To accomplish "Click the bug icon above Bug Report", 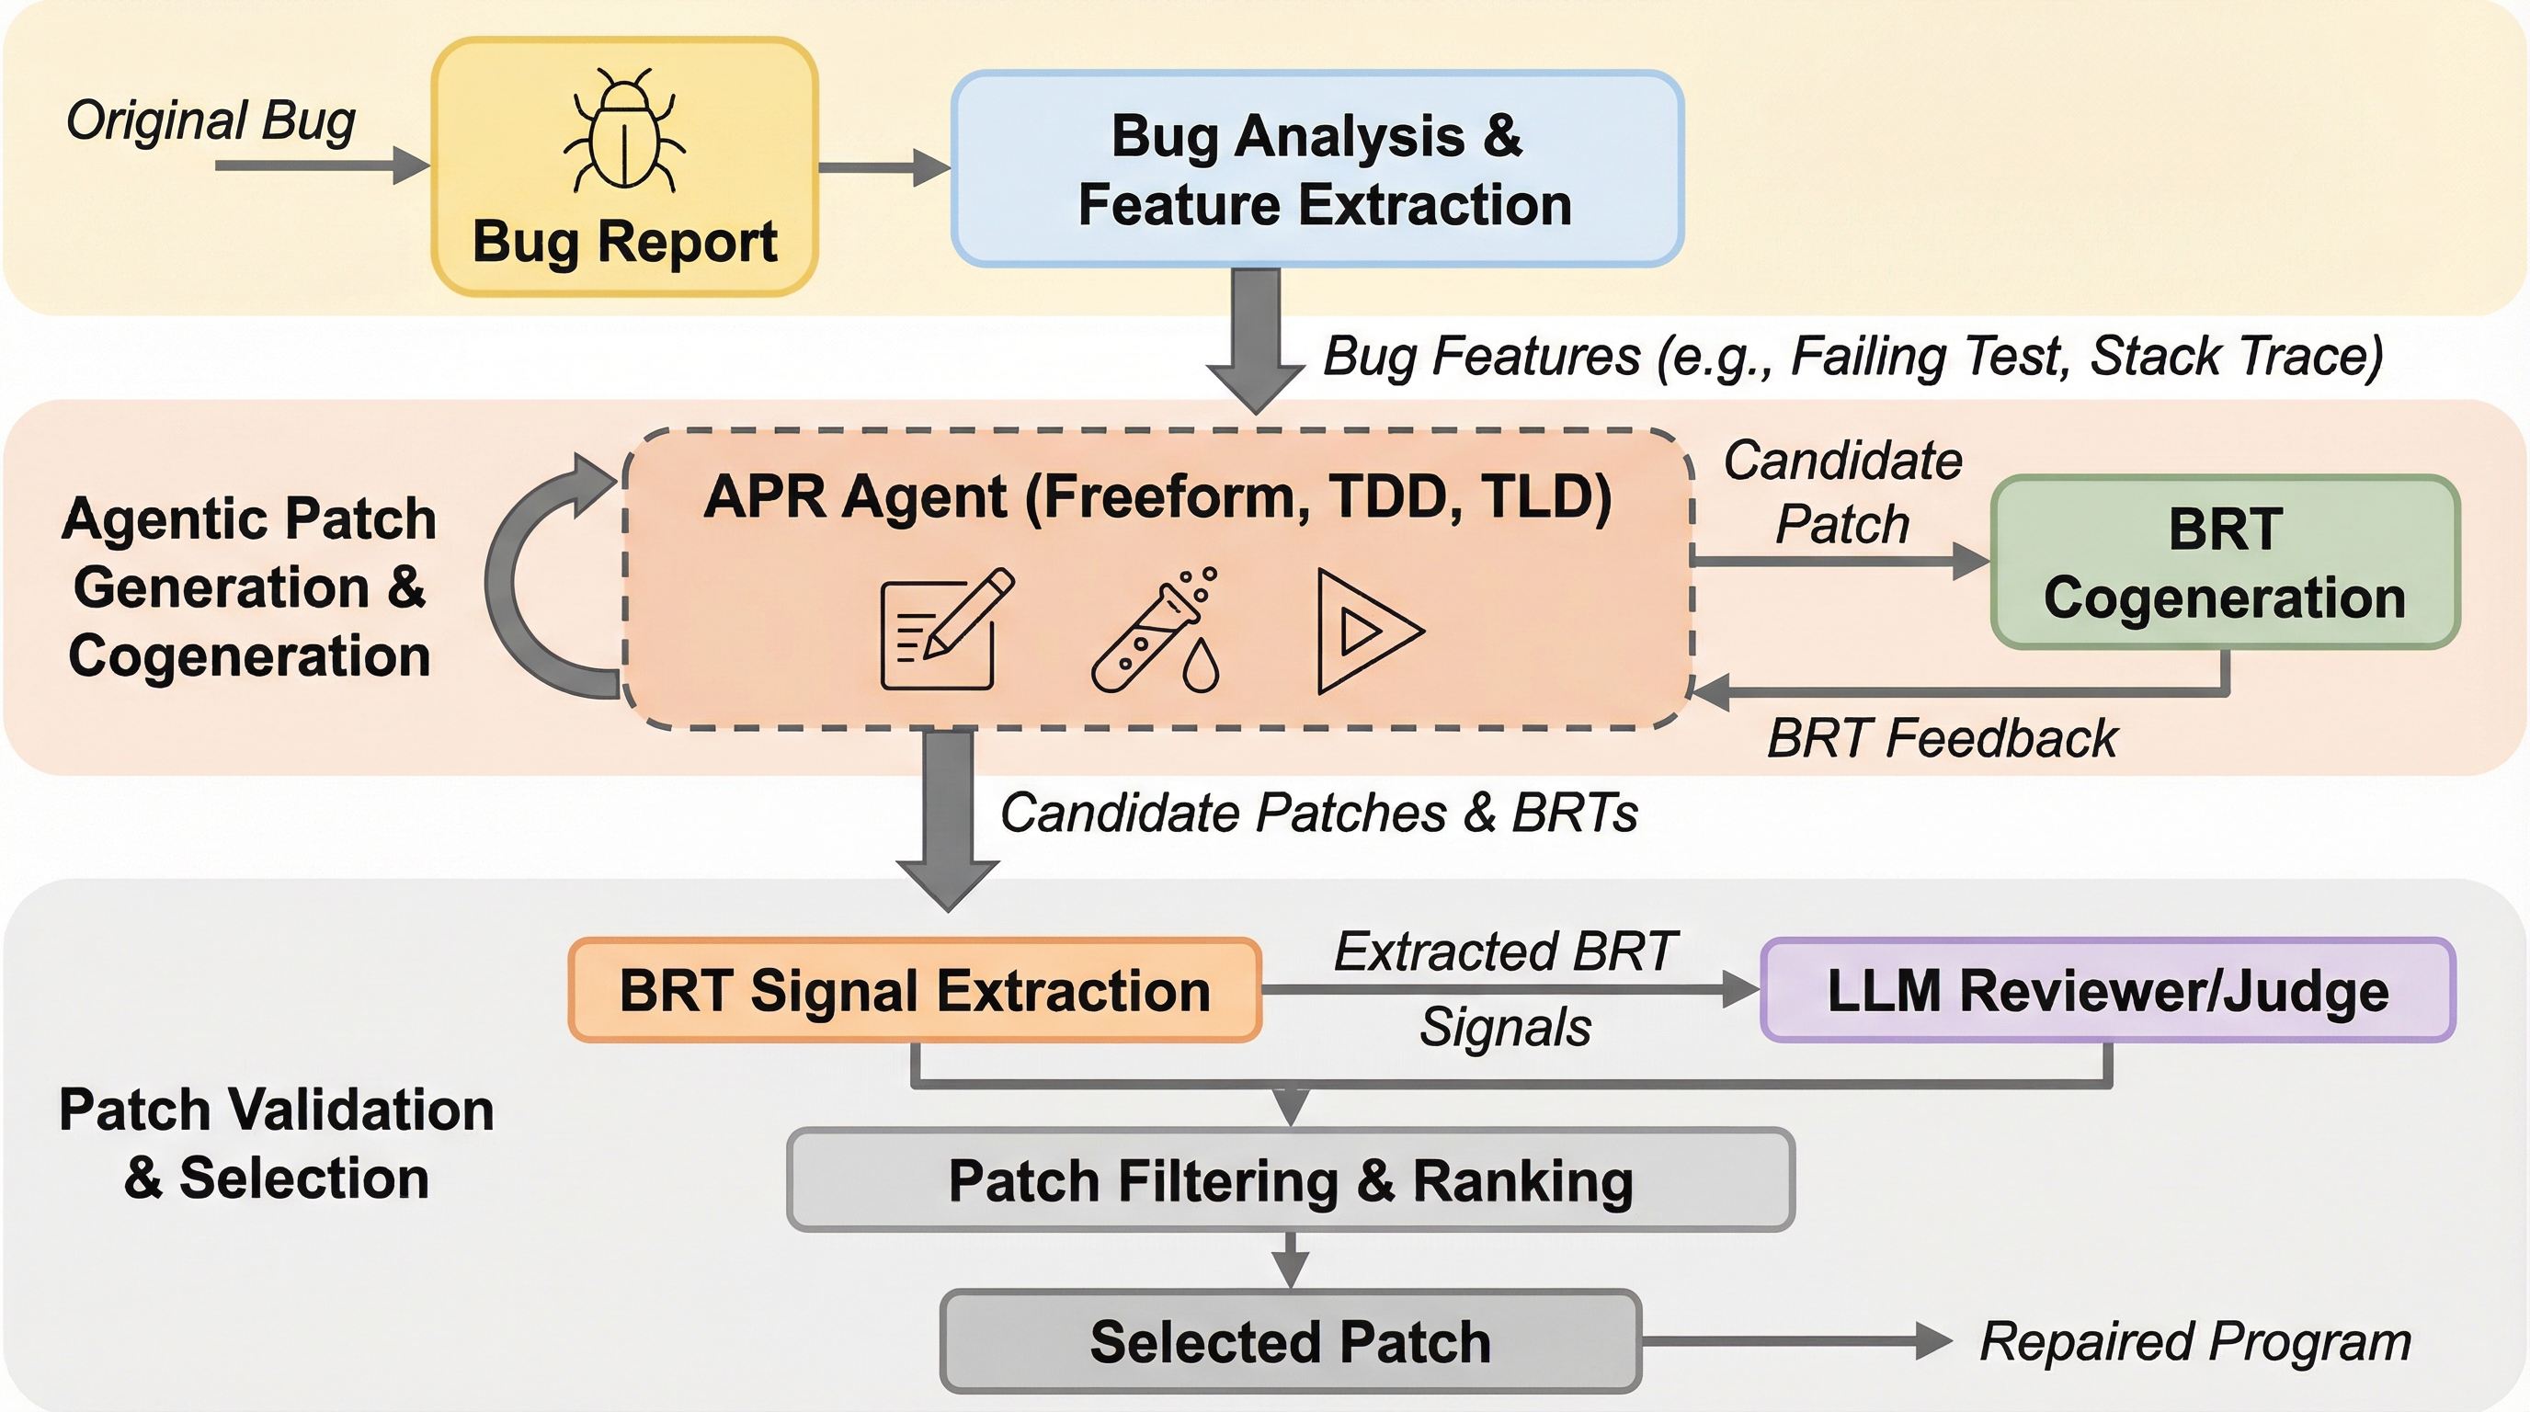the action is click(624, 129).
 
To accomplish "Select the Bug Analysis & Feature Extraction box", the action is click(1317, 169).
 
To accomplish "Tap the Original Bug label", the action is click(211, 121).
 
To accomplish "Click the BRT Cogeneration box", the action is click(2225, 563).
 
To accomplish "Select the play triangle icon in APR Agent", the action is click(1369, 631).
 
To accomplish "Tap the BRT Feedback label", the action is click(1942, 738).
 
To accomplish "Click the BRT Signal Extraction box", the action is click(915, 990).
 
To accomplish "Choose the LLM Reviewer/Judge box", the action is click(2108, 990).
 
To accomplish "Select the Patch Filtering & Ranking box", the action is click(1291, 1179).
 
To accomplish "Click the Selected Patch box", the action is click(1291, 1341).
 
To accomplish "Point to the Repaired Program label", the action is click(2195, 1341).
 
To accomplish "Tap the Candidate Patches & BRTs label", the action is click(1319, 813).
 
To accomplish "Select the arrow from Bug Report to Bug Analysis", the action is click(883, 167).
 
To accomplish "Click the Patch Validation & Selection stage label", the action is click(276, 1144).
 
